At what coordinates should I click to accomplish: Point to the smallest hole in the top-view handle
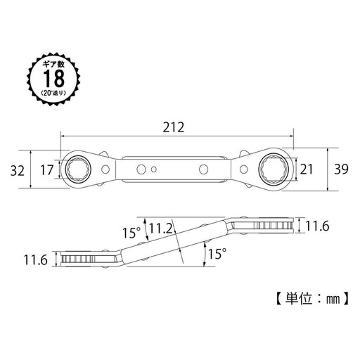(x=155, y=169)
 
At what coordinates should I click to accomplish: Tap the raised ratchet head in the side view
(x=271, y=225)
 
